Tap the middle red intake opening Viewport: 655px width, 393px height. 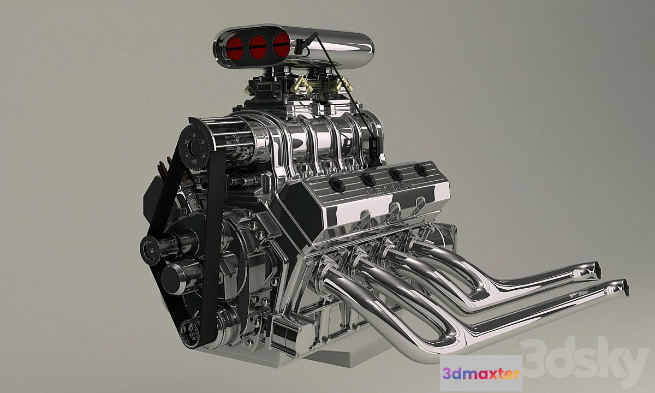[258, 47]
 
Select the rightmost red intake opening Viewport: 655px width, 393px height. [281, 45]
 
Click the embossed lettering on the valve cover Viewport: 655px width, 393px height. [391, 189]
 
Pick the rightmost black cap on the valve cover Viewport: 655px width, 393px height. [421, 169]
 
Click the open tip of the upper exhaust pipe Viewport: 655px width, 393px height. [593, 269]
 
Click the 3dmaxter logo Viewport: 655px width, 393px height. [481, 373]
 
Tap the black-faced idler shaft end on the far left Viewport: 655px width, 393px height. [150, 249]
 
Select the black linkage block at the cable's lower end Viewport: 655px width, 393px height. [374, 147]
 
